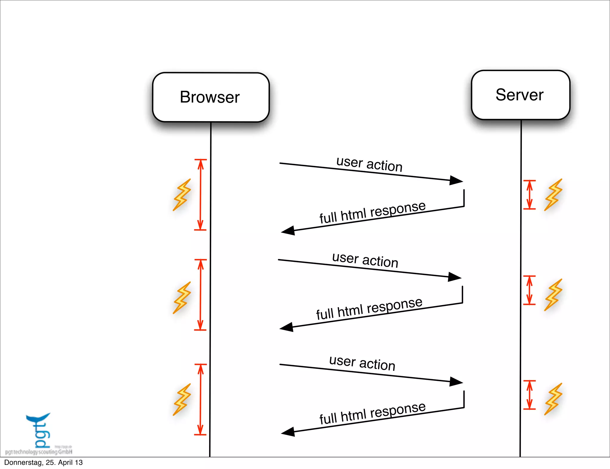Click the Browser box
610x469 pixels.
click(x=211, y=97)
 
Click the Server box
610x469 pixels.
click(x=520, y=95)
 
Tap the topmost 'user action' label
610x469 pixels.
click(x=369, y=164)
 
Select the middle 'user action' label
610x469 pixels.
click(x=365, y=260)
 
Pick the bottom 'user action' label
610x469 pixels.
click(x=362, y=363)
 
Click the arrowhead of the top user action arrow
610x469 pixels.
click(x=456, y=180)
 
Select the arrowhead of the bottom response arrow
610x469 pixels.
click(x=288, y=432)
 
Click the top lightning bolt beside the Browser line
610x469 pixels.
click(x=182, y=195)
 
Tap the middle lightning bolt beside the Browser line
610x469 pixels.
click(x=182, y=298)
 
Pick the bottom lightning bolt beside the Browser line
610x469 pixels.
click(x=182, y=399)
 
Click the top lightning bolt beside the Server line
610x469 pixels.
click(x=553, y=195)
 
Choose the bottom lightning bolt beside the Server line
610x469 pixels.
click(x=553, y=399)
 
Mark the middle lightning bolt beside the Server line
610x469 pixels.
click(x=553, y=295)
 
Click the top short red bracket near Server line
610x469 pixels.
click(x=529, y=195)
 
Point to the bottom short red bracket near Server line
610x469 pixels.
click(x=529, y=395)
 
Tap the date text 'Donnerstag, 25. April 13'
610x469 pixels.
click(x=43, y=462)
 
